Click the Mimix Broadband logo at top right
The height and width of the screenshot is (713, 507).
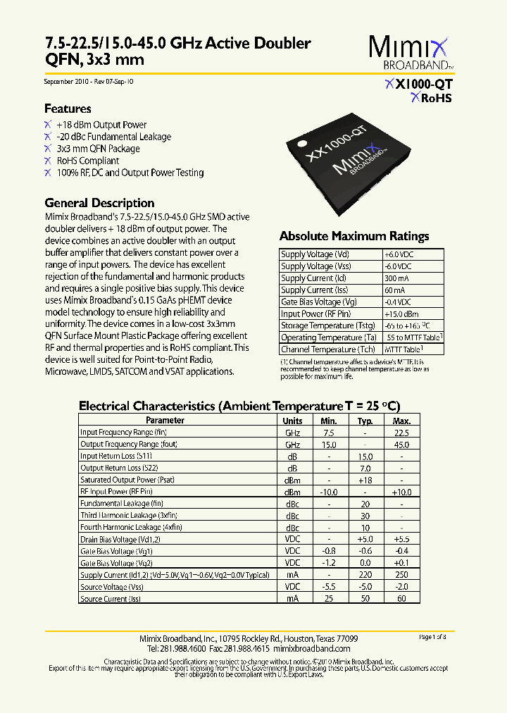[408, 54]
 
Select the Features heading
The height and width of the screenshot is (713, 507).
[68, 109]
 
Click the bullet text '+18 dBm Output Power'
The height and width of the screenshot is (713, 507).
[101, 125]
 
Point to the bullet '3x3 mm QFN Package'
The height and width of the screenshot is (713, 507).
[98, 149]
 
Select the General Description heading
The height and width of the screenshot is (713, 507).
[99, 203]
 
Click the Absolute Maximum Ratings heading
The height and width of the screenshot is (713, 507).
[354, 237]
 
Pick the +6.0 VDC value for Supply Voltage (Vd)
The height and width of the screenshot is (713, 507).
[399, 254]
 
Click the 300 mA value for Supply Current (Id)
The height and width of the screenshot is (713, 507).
[396, 278]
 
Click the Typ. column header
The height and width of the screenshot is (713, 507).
[365, 421]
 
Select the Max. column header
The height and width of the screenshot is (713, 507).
[401, 421]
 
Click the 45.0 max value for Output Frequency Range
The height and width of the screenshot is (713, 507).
[401, 445]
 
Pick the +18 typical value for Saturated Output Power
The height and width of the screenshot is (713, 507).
[365, 480]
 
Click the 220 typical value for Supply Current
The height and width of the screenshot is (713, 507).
[365, 575]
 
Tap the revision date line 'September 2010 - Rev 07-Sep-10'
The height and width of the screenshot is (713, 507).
[89, 82]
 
